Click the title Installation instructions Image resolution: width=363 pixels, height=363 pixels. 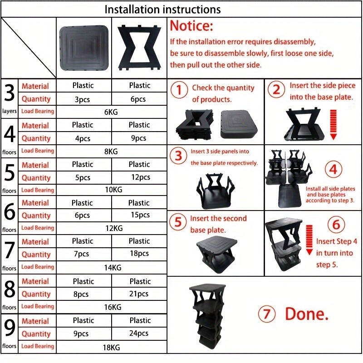[x=162, y=10]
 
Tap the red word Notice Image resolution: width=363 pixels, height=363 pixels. [x=191, y=25]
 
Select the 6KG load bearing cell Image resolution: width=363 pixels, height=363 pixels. [x=111, y=112]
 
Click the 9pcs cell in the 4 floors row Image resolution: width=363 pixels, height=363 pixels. [x=139, y=138]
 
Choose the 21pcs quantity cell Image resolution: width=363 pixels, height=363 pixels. [x=139, y=294]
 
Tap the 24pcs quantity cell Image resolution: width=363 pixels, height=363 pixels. [x=139, y=333]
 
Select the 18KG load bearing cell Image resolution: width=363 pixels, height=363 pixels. [x=112, y=348]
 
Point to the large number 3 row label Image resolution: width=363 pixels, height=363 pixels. [x=10, y=93]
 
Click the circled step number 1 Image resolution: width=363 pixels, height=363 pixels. [x=179, y=90]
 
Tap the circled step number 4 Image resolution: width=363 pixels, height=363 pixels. [x=333, y=169]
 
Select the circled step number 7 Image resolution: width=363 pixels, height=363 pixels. [x=267, y=314]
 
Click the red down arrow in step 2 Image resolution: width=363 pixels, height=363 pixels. [x=333, y=124]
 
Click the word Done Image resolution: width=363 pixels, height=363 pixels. [x=307, y=314]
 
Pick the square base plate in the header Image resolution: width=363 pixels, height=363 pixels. [x=84, y=48]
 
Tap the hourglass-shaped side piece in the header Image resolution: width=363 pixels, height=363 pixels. [x=139, y=48]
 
